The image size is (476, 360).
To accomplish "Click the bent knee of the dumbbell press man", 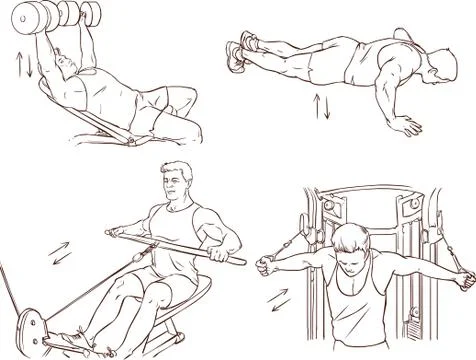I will coord(183,95).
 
